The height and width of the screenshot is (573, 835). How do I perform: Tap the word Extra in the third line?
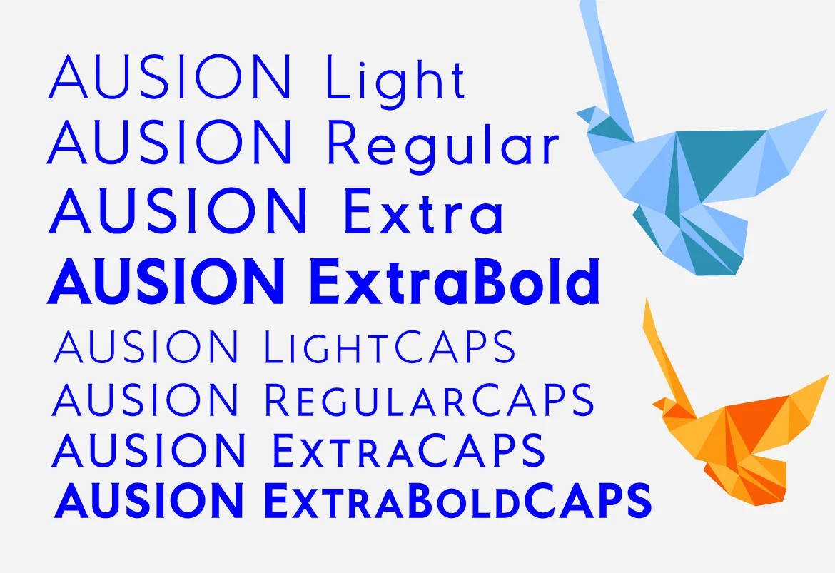(424, 211)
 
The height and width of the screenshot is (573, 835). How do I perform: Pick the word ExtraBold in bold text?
(454, 281)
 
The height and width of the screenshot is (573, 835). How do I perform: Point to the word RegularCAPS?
(429, 399)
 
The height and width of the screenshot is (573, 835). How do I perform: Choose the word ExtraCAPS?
(409, 450)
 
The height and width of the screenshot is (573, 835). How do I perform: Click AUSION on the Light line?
(170, 76)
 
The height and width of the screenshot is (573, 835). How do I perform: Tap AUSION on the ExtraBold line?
(166, 281)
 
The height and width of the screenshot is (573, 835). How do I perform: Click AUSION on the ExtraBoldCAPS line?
(148, 501)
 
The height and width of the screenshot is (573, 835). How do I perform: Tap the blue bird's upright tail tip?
(587, 3)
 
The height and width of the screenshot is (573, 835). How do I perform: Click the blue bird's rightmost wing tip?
(825, 111)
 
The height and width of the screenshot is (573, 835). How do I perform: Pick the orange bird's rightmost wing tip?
(827, 377)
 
